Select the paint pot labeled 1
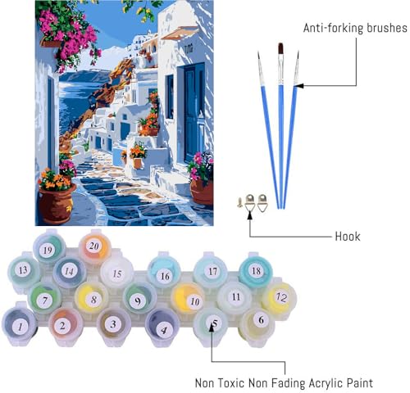coord(20,325)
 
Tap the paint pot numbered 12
coord(280,298)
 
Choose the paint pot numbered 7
coord(45,300)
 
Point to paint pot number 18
coord(256,270)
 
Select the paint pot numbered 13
coord(24,271)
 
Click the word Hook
coord(348,237)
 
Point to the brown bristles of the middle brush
coord(280,48)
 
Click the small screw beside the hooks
coord(240,202)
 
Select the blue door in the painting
coord(194,112)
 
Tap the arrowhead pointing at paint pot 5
coord(212,328)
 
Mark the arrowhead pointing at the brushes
coord(299,86)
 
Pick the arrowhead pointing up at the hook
coord(249,215)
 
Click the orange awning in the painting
coord(180,34)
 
